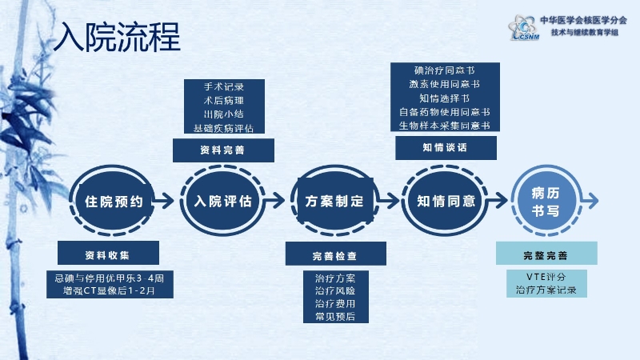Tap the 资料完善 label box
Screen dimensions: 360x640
click(223, 150)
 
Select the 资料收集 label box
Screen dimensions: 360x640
click(113, 254)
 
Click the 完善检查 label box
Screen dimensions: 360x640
click(335, 255)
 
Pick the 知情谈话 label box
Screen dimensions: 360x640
click(445, 148)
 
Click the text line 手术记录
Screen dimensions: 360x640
click(223, 86)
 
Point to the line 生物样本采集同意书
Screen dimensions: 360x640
click(445, 125)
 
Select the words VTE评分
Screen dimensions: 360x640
click(546, 276)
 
